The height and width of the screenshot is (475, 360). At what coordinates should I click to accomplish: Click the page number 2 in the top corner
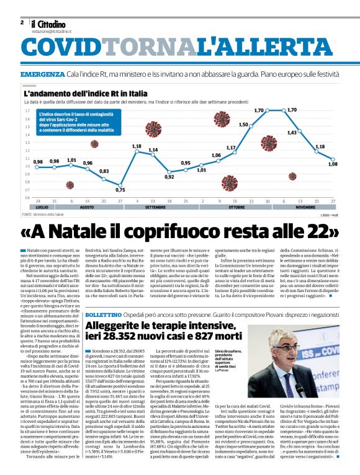21,22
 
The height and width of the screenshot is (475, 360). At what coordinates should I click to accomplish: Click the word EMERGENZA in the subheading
42,74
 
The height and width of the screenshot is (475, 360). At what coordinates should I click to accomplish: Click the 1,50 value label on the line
243,124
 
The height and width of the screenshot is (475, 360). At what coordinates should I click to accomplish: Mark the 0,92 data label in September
169,176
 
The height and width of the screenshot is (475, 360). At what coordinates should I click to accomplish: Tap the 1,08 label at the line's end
332,164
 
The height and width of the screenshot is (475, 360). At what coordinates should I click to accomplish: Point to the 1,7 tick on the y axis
27,110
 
